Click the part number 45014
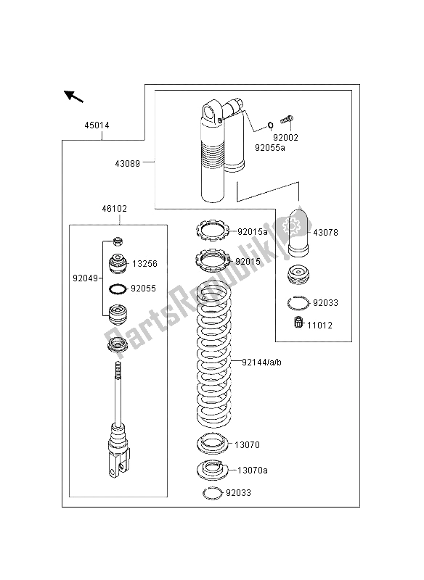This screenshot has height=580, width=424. pyautogui.click(x=97, y=125)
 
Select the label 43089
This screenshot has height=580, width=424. pyautogui.click(x=127, y=164)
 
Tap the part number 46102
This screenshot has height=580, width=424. pyautogui.click(x=115, y=209)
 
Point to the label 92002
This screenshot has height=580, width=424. pyautogui.click(x=285, y=138)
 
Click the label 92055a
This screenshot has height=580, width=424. pyautogui.click(x=270, y=148)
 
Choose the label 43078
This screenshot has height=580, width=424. pyautogui.click(x=325, y=233)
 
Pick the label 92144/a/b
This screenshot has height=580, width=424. pyautogui.click(x=261, y=362)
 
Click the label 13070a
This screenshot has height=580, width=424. pyautogui.click(x=252, y=471)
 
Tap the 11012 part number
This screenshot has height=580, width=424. pyautogui.click(x=319, y=326)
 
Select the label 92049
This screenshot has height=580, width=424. pyautogui.click(x=85, y=278)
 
